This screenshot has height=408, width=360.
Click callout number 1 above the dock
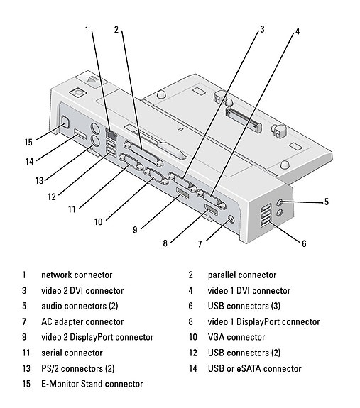coord(87,30)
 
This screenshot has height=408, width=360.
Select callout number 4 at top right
coord(297,31)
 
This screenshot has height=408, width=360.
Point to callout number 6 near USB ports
coord(304,243)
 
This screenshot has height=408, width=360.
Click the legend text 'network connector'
coord(76,275)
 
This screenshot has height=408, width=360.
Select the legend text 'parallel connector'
coord(241,275)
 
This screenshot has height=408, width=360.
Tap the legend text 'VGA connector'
coord(236,337)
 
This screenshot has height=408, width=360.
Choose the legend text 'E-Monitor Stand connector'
coord(92,384)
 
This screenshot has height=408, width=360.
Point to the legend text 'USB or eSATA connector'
coord(254,368)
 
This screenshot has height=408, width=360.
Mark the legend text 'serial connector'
coord(72,353)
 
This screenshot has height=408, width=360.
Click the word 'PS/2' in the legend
coord(51,368)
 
